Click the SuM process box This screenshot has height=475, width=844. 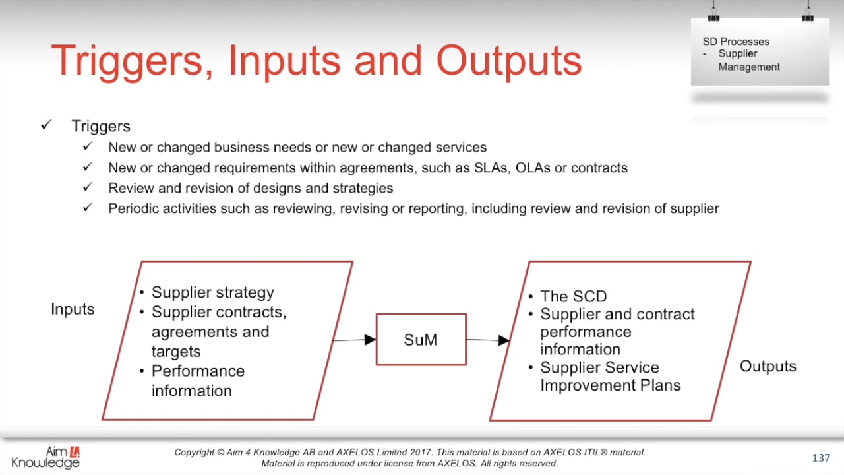pyautogui.click(x=421, y=340)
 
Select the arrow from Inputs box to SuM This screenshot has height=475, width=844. pyautogui.click(x=354, y=340)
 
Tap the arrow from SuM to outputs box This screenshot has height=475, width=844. pyautogui.click(x=487, y=340)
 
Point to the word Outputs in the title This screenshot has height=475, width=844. pyautogui.click(x=508, y=61)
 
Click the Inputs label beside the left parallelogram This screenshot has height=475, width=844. pyautogui.click(x=73, y=309)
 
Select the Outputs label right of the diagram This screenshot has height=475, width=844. pyautogui.click(x=768, y=366)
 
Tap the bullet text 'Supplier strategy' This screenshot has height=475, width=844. pyautogui.click(x=212, y=292)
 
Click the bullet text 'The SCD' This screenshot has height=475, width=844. pyautogui.click(x=573, y=296)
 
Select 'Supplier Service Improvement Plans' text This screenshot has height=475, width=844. pyautogui.click(x=609, y=376)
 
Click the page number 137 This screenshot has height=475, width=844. pyautogui.click(x=820, y=458)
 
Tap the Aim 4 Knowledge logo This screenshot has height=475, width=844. pyautogui.click(x=45, y=457)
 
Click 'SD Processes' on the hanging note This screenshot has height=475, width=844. pyautogui.click(x=736, y=42)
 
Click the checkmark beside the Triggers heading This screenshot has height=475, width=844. pyautogui.click(x=46, y=125)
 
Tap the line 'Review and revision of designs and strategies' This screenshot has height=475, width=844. pyautogui.click(x=251, y=188)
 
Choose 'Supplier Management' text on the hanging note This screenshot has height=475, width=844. pyautogui.click(x=748, y=60)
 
